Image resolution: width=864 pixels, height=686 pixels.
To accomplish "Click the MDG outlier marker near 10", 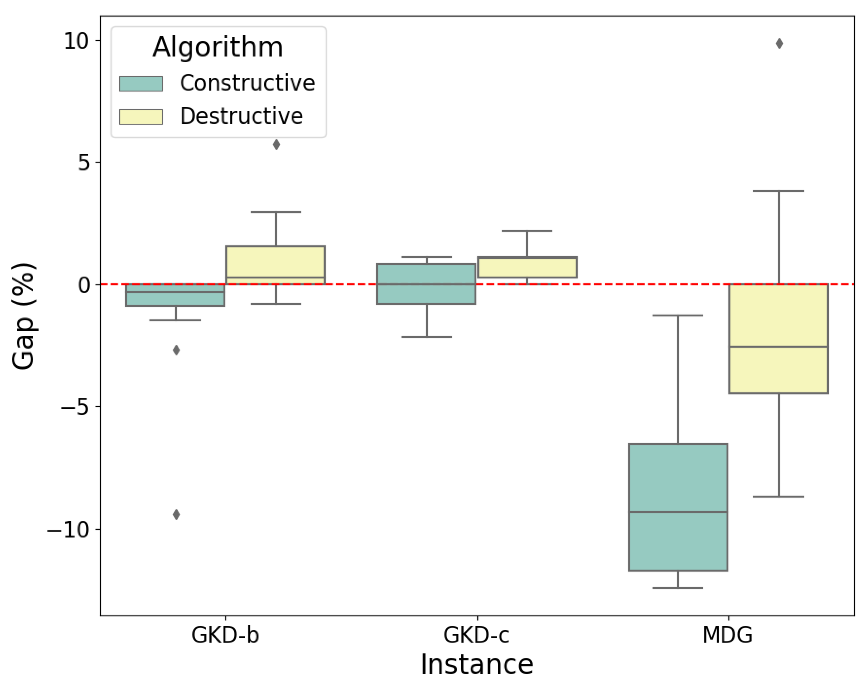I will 779,43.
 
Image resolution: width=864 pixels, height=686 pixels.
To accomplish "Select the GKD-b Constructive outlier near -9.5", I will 176,514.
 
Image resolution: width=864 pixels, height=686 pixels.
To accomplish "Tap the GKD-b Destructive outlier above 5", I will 276,144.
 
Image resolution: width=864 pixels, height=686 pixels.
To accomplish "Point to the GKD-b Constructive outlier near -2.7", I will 176,350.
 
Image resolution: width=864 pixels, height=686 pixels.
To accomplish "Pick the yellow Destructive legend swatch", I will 141,117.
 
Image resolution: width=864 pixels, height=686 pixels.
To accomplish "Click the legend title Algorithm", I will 218,47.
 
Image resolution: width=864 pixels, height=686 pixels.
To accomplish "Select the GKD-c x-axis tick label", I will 476,635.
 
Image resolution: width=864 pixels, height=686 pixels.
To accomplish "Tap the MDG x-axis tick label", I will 727,635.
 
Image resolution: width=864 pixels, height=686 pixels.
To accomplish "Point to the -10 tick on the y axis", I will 68,530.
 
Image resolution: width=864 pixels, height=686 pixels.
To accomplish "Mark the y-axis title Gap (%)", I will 23,316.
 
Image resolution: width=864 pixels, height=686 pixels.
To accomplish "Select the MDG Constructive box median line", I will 678,512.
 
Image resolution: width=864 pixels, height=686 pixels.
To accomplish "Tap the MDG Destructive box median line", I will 778,347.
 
